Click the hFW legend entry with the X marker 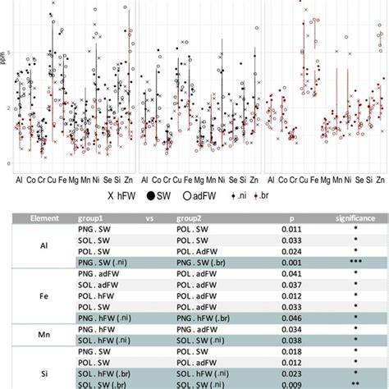(x=118, y=196)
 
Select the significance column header (x=355, y=220)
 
